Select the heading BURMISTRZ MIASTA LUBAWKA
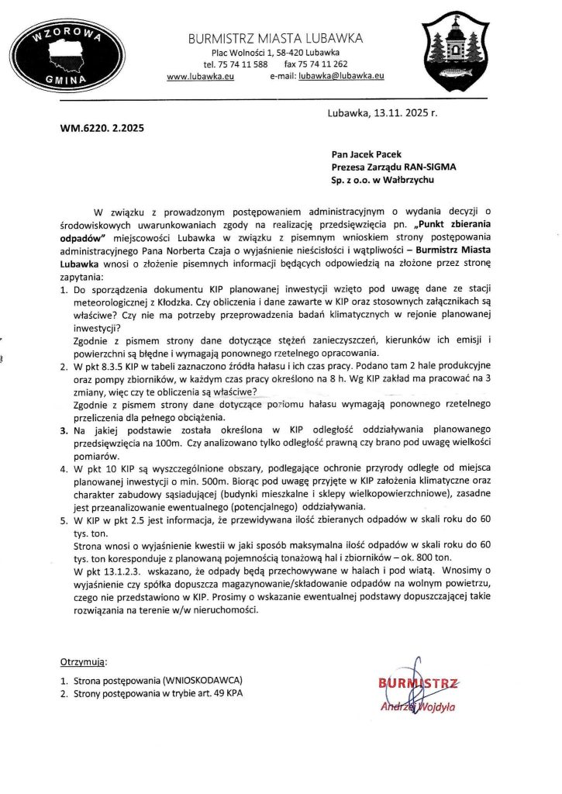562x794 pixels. (x=276, y=38)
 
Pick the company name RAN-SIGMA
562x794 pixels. (x=431, y=167)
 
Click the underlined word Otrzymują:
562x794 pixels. (x=84, y=663)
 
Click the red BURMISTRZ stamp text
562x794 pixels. (x=419, y=684)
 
